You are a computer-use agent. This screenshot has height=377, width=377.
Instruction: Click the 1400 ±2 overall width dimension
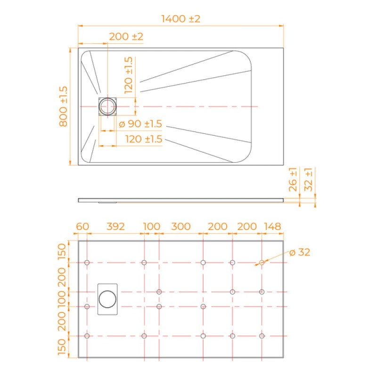180,19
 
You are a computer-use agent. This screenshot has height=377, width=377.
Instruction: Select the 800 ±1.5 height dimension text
63,107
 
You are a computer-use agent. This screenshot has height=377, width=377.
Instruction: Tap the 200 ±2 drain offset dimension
126,37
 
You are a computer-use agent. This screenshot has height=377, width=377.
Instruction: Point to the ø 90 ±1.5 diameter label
140,124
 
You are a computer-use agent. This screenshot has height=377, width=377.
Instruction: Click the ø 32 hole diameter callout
300,252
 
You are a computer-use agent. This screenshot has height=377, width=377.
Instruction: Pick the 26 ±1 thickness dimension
293,180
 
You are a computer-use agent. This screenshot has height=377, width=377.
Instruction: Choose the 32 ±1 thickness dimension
308,180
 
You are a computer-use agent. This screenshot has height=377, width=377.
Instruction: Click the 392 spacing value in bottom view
115,227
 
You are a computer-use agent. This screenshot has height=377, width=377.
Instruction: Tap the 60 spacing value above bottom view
82,227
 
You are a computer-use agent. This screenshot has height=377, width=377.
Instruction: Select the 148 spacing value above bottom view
272,227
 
